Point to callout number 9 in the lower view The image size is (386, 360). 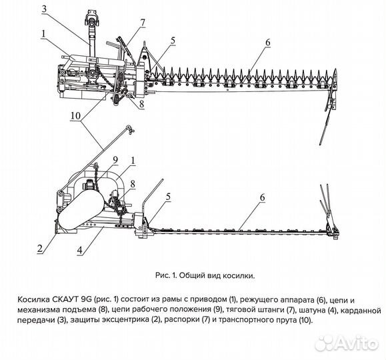tap(115, 160)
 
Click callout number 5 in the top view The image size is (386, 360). tap(172, 41)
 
